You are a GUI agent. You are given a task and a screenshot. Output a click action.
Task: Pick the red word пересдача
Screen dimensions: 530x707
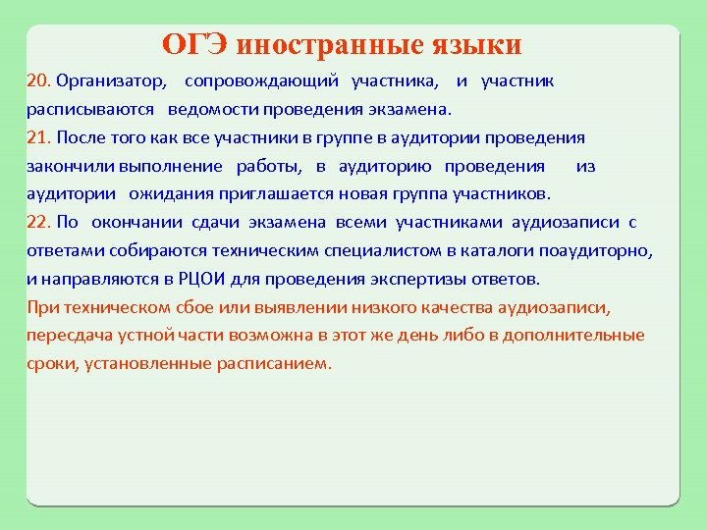pyautogui.click(x=67, y=336)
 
